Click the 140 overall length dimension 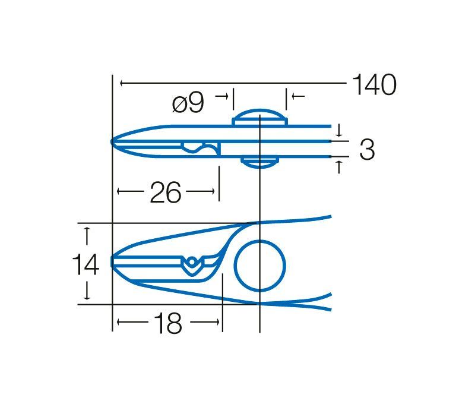pyautogui.click(x=375, y=84)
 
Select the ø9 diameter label pyautogui.click(x=188, y=103)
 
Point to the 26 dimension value pyautogui.click(x=166, y=192)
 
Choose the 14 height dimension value pyautogui.click(x=85, y=264)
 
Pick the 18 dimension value pyautogui.click(x=168, y=323)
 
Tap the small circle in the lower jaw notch pyautogui.click(x=192, y=261)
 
